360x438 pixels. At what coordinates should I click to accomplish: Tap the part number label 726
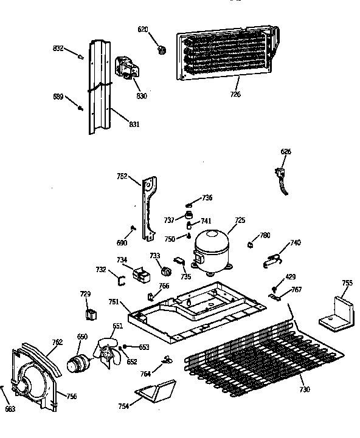235,94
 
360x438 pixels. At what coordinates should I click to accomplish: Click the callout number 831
134,125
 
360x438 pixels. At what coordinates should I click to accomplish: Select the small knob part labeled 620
161,49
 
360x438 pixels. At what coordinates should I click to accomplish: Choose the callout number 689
58,97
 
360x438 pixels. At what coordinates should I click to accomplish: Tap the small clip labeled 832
79,56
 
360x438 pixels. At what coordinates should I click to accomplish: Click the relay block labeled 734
142,275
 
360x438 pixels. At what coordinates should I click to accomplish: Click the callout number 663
10,408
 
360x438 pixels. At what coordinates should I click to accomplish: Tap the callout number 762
57,342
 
